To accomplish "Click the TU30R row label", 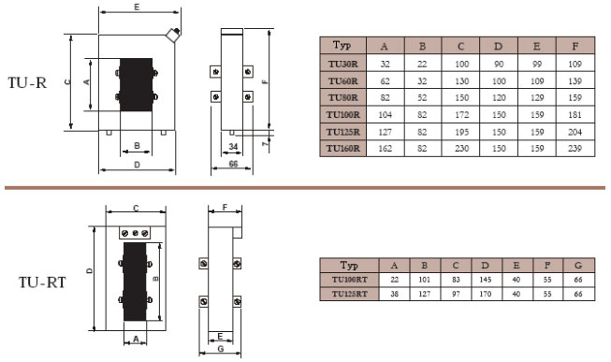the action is [342, 64].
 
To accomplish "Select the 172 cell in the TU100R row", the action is [461, 114].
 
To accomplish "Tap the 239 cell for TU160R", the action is [575, 149].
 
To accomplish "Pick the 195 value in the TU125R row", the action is [461, 132].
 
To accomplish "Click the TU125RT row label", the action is [350, 294].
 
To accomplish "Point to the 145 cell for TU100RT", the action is [485, 280].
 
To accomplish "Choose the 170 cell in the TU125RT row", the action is [485, 294].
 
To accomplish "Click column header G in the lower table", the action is [578, 266].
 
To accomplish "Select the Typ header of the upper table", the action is [342, 45].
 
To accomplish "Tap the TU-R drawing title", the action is [27, 82].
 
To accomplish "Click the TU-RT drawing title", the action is [42, 282].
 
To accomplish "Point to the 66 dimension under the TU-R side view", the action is [233, 164].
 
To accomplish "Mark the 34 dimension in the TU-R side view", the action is [233, 147].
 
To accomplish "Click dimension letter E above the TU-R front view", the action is [137, 7].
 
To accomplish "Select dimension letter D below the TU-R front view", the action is [137, 166].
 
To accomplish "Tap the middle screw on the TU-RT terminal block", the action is [136, 233].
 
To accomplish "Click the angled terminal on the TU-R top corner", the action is [173, 34].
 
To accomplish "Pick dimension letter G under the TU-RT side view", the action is [221, 349].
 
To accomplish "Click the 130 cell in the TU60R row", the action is [461, 81].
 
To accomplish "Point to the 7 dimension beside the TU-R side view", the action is [266, 143].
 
